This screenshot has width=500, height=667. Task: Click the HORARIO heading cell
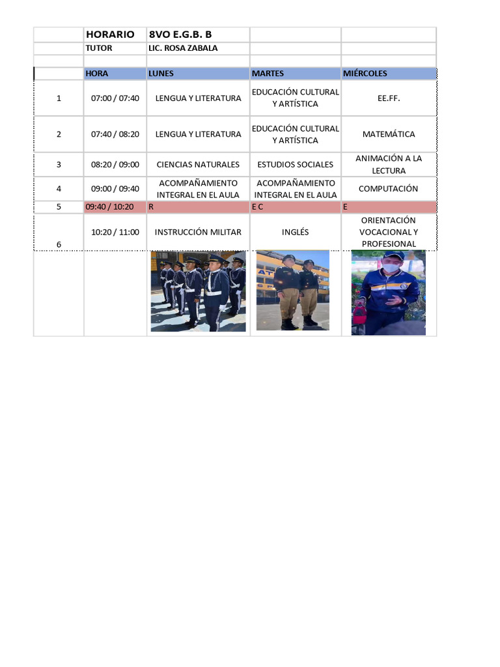click(x=110, y=35)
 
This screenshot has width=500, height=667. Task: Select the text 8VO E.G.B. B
click(x=180, y=35)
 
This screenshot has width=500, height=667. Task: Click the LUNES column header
click(x=161, y=74)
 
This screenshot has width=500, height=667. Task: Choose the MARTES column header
click(x=268, y=74)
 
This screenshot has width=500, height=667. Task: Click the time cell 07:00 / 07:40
click(x=115, y=98)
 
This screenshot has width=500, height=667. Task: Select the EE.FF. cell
click(x=389, y=98)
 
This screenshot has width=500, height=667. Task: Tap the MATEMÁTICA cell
click(x=389, y=134)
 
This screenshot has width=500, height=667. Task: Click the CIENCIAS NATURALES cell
click(x=198, y=164)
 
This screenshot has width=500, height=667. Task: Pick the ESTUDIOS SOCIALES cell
click(x=296, y=164)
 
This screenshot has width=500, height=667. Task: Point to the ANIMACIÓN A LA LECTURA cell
click(x=389, y=164)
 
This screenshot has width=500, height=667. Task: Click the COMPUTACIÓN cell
click(x=389, y=188)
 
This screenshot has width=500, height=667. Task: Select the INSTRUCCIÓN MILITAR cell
click(x=198, y=232)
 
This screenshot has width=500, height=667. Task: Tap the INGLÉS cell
click(x=296, y=232)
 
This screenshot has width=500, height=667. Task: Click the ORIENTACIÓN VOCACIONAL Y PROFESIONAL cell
click(x=389, y=232)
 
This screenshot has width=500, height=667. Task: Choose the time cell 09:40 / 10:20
click(x=109, y=206)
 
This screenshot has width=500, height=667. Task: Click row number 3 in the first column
click(x=59, y=164)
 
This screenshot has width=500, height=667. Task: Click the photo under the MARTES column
click(x=293, y=291)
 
